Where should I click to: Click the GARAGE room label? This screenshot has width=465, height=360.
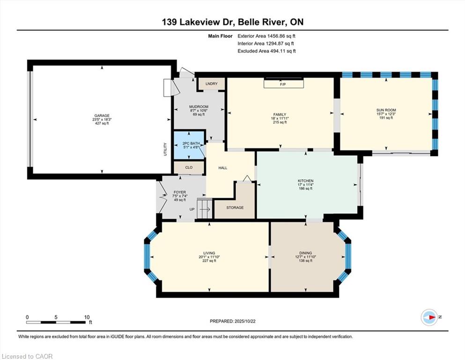[x=102, y=116]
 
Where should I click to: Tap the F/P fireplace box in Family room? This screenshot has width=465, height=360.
[x=284, y=83]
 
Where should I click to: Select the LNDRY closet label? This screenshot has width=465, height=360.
[x=212, y=84]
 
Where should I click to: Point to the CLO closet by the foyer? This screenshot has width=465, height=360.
[x=189, y=167]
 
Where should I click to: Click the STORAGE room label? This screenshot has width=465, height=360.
[x=235, y=208]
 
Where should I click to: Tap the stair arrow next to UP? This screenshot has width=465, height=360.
[x=205, y=209]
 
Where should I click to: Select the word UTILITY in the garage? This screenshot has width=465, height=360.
[x=165, y=149]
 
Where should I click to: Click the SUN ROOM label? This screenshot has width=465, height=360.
[x=386, y=110]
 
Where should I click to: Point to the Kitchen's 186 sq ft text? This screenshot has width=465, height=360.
[x=306, y=188]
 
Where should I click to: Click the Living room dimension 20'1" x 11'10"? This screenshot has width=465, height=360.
[x=209, y=257]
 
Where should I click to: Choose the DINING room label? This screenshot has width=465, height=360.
[x=305, y=253]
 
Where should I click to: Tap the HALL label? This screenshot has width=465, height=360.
[x=223, y=168]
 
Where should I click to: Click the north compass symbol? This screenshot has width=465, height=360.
[x=429, y=317]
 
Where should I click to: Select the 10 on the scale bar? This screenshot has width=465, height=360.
[x=87, y=317]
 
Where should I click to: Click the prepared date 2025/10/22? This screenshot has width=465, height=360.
[x=245, y=321]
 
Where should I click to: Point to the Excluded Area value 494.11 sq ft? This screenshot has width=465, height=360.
[x=283, y=51]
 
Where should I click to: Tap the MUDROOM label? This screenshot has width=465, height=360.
[x=199, y=107]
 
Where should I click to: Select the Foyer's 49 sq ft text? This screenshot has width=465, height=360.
[x=180, y=200]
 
